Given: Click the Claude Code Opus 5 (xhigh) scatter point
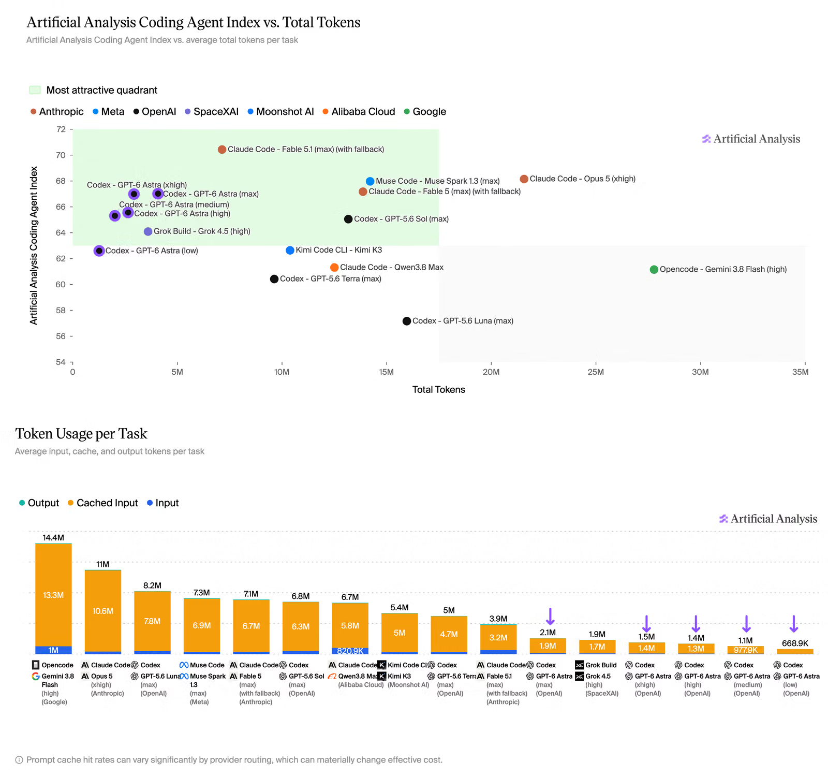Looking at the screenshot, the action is tap(524, 179).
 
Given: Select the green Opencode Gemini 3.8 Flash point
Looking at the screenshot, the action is tap(654, 269).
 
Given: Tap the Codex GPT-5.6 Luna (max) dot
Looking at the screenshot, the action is tap(407, 321).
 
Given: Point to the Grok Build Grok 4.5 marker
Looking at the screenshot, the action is tap(148, 231).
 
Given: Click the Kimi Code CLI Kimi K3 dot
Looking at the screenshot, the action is tap(290, 251).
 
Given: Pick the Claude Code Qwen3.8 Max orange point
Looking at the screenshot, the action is tap(334, 268).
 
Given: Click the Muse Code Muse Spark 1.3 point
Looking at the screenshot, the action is tap(370, 181).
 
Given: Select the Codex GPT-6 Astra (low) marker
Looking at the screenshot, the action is tap(99, 251).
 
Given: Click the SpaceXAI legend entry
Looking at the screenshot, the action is tap(212, 112).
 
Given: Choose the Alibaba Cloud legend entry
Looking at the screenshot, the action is tap(359, 112).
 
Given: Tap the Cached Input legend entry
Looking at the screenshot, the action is tap(103, 503).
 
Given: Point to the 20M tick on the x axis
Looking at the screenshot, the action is tap(491, 372).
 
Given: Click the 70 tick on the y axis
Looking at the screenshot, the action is tap(61, 155).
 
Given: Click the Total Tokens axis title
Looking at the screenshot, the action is tap(439, 390).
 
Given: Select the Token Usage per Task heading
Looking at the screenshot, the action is tap(81, 434).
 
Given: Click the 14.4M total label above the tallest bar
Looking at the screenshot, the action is tap(53, 538).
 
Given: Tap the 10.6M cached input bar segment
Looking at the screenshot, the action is tap(103, 611).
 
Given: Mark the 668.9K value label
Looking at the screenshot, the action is tap(795, 643).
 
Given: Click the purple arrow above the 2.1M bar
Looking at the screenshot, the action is tap(550, 617).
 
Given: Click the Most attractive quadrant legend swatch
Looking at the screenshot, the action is tap(35, 90).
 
